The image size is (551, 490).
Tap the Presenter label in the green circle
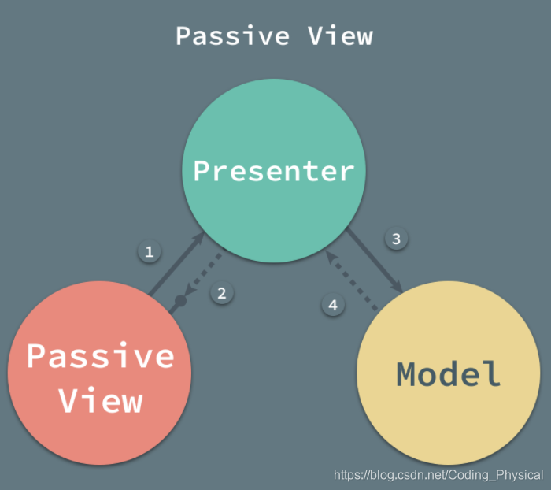click(x=274, y=171)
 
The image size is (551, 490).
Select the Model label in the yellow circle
click(x=449, y=373)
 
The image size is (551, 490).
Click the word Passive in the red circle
click(x=101, y=356)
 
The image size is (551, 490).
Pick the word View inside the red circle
click(x=101, y=401)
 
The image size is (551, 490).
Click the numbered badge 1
click(x=149, y=252)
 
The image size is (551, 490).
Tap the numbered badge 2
click(x=222, y=293)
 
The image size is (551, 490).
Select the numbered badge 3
click(x=397, y=238)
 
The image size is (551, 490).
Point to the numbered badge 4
click(x=333, y=305)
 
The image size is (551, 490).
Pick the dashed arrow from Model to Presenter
click(x=352, y=280)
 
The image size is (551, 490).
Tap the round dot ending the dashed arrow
click(x=180, y=302)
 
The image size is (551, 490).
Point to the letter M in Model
click(x=408, y=373)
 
